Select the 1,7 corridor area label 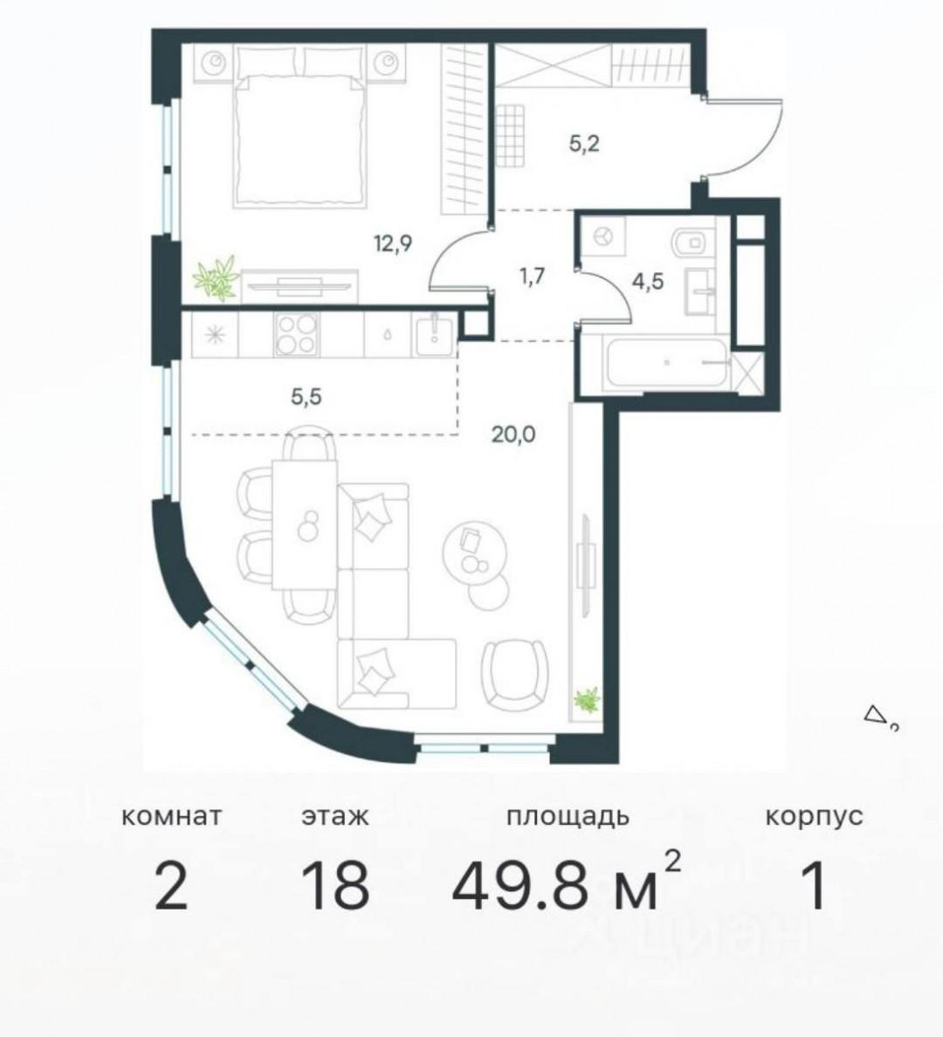pyautogui.click(x=532, y=278)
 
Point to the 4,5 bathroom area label pyautogui.click(x=646, y=283)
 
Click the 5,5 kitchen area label pyautogui.click(x=306, y=397)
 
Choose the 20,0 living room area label pyautogui.click(x=513, y=432)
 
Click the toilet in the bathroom pyautogui.click(x=692, y=237)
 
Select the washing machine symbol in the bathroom pyautogui.click(x=602, y=236)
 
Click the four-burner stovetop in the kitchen pyautogui.click(x=297, y=335)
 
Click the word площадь pyautogui.click(x=568, y=817)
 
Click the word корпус pyautogui.click(x=814, y=817)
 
